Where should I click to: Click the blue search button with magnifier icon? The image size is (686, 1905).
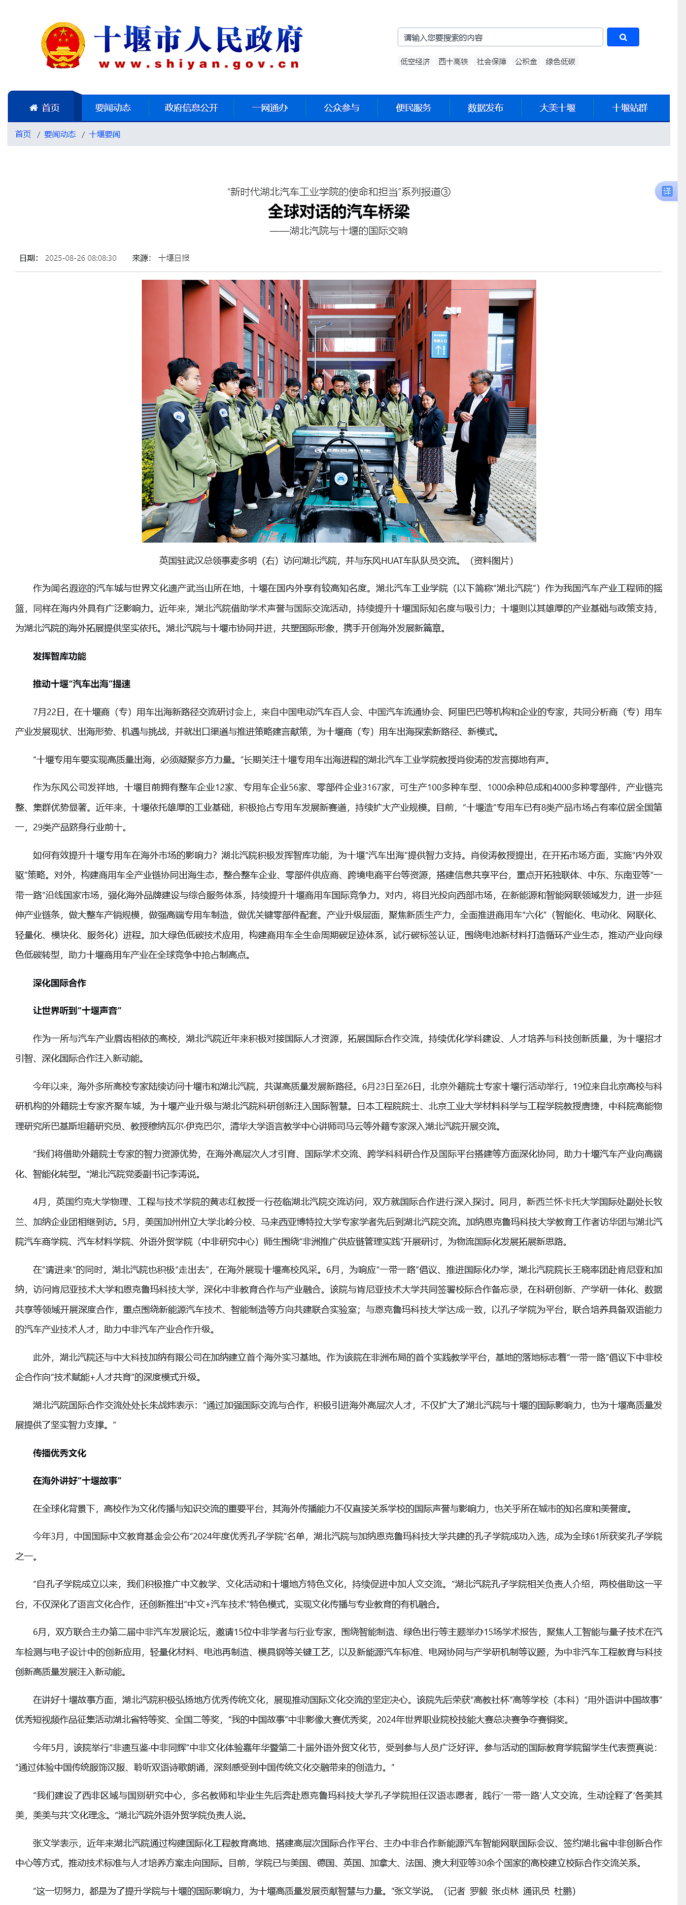point(622,37)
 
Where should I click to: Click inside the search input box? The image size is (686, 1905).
point(500,37)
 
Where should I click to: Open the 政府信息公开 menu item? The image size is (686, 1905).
point(191,108)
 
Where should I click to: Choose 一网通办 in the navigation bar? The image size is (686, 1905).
point(269,108)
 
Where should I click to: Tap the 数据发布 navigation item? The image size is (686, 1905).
point(485,108)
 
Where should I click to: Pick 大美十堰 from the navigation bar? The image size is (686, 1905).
point(557,108)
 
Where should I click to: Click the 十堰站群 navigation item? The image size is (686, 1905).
point(629,108)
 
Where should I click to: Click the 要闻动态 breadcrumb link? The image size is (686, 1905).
point(60,135)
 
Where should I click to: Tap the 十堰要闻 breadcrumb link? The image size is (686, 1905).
point(105,135)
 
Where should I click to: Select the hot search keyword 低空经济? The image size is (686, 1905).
point(415,62)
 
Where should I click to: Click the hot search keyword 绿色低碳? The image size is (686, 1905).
point(560,62)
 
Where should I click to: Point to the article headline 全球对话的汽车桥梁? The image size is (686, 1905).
point(339,211)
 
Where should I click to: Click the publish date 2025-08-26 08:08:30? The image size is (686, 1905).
point(81,258)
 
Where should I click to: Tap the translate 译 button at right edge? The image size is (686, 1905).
point(666,192)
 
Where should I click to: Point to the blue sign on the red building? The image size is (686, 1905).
point(440,344)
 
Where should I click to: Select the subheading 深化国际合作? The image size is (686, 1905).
point(59,983)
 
